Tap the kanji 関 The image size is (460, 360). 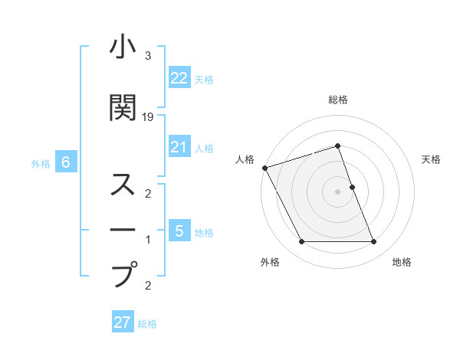click(123, 107)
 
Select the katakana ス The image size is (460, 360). click(123, 185)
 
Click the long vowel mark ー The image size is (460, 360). click(123, 229)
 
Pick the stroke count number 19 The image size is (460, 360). click(148, 117)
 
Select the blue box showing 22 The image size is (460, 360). click(179, 77)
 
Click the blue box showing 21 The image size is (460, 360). click(179, 147)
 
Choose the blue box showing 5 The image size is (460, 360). click(179, 231)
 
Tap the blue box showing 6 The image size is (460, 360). click(66, 162)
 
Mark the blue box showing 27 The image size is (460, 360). click(123, 322)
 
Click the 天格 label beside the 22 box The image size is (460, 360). click(204, 79)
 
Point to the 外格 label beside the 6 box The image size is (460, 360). click(41, 163)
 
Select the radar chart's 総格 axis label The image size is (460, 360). click(338, 100)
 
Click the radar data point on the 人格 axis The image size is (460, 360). click(264, 168)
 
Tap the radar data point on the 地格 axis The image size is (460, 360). click(374, 242)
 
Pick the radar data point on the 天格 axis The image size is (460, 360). click(352, 187)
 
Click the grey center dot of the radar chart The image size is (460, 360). click(338, 191)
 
